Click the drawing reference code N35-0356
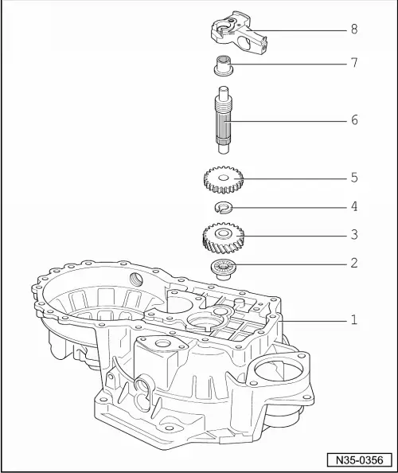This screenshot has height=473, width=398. tap(357, 459)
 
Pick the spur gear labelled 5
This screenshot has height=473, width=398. tap(223, 179)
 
